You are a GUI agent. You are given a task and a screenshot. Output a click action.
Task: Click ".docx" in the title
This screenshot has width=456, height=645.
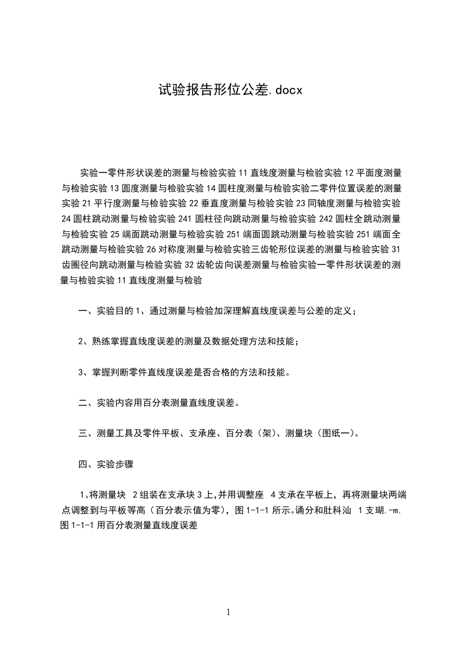pos(281,91)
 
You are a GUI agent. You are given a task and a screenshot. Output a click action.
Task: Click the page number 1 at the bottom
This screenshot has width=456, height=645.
pos(228,612)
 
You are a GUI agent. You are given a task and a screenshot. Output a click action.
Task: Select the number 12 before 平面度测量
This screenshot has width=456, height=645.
pos(350,172)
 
